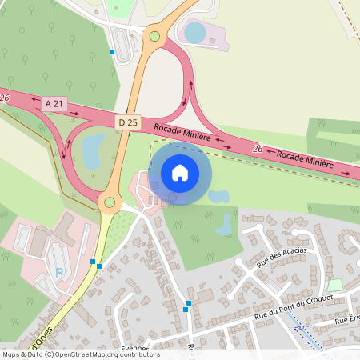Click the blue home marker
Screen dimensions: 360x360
coord(180,173)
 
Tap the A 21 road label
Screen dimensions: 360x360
coord(54,103)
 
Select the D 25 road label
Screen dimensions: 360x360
coord(127,122)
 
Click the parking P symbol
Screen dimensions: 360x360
coord(59,272)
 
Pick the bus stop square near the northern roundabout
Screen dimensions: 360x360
coord(112,52)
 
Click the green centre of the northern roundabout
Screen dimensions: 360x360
coord(154,36)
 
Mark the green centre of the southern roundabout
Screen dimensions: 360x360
coord(109,202)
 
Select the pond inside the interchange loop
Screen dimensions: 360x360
coord(91,148)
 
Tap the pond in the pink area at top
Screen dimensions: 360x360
coord(194,33)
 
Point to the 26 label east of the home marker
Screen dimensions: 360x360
coord(258,149)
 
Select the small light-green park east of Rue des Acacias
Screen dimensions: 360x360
coord(336,285)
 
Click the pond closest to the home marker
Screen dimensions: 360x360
coord(218,195)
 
